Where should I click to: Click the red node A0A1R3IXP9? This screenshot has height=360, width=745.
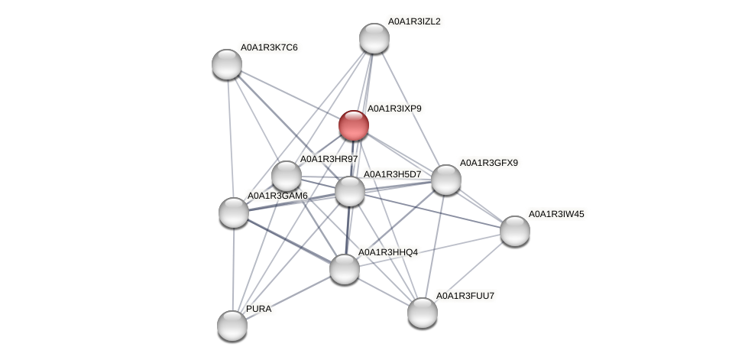pyautogui.click(x=353, y=125)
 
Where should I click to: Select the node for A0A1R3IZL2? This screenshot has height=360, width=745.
pyautogui.click(x=374, y=38)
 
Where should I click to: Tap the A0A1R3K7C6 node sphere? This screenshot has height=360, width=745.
pyautogui.click(x=226, y=64)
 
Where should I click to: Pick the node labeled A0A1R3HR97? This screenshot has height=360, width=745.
pyautogui.click(x=287, y=176)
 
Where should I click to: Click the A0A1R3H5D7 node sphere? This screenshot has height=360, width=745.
pyautogui.click(x=350, y=191)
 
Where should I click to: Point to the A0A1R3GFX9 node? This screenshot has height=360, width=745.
pyautogui.click(x=445, y=180)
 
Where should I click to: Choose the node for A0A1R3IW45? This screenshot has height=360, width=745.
pyautogui.click(x=514, y=231)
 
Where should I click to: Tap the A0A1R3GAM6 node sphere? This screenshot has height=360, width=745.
pyautogui.click(x=234, y=212)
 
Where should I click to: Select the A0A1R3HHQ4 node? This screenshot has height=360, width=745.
pyautogui.click(x=344, y=268)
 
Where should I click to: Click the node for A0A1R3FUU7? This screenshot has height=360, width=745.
pyautogui.click(x=422, y=312)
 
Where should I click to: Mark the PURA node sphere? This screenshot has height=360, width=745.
pyautogui.click(x=232, y=326)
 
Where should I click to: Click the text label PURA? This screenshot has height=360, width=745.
pyautogui.click(x=258, y=309)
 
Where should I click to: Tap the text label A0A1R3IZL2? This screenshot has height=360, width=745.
pyautogui.click(x=414, y=21)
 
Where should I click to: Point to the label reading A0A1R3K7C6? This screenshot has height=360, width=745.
pyautogui.click(x=269, y=47)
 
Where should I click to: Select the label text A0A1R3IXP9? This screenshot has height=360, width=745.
pyautogui.click(x=394, y=109)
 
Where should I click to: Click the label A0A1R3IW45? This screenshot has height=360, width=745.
pyautogui.click(x=556, y=214)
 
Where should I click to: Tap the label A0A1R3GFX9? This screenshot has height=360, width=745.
pyautogui.click(x=487, y=163)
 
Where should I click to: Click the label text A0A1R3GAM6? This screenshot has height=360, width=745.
pyautogui.click(x=277, y=196)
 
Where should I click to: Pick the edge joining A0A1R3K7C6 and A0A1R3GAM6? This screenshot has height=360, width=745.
pyautogui.click(x=230, y=138)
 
